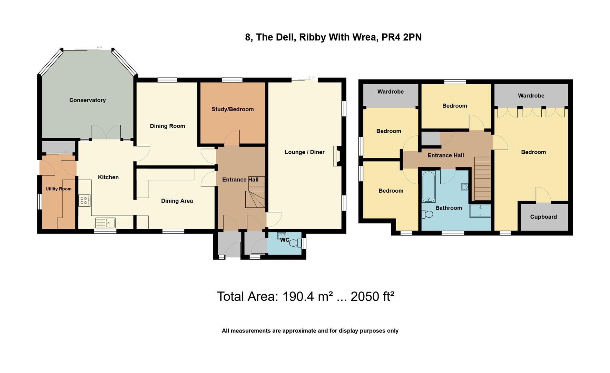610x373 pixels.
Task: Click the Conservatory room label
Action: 87,100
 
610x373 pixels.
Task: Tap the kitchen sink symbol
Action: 105,223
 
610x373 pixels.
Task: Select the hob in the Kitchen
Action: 84,200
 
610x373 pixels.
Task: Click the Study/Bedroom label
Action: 233,109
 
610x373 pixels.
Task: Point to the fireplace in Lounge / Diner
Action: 337,156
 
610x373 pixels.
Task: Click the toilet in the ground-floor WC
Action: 294,243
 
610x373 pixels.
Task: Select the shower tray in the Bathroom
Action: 480,211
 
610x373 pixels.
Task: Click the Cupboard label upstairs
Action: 543,217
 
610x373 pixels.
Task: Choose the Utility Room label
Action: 59,189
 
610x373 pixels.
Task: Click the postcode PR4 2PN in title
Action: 402,37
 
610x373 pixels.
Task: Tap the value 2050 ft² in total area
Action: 372,296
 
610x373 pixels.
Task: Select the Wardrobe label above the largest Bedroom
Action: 531,96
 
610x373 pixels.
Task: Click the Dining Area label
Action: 177,201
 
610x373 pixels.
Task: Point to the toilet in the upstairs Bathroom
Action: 427,214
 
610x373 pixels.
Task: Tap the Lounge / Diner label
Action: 304,152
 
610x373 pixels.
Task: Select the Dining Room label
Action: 167,126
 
